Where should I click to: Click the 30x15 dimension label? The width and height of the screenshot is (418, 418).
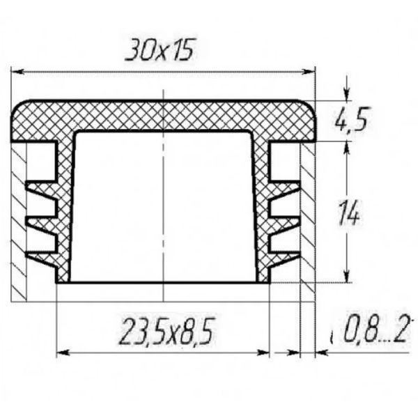coord(159,49)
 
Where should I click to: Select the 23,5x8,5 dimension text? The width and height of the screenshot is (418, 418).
coord(167,331)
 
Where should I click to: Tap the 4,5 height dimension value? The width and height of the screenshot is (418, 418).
coord(352,119)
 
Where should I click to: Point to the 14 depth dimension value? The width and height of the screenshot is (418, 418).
coord(349,212)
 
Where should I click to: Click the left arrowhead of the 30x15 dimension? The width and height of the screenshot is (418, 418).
coord(17,72)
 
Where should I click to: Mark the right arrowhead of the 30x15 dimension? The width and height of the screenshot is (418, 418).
coord(309,72)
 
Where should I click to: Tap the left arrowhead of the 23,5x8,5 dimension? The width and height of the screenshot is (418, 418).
coord(63,353)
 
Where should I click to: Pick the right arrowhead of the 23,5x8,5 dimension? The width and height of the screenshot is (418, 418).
coord(263,353)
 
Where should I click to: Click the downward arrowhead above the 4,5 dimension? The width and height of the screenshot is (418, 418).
coord(346,95)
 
